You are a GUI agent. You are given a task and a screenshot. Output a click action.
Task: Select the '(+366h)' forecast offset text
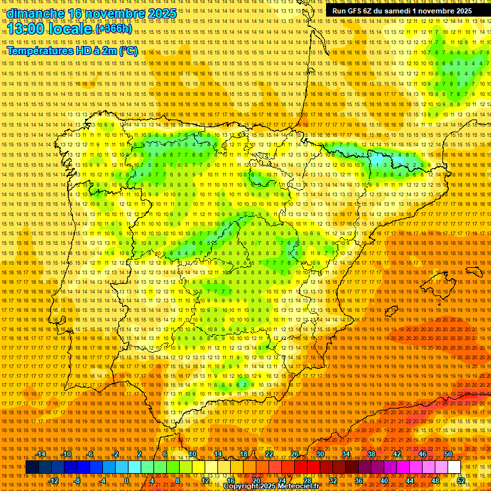114,29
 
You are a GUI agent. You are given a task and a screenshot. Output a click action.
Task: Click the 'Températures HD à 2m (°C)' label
72,51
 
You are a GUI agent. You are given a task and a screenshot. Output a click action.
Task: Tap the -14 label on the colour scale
42,454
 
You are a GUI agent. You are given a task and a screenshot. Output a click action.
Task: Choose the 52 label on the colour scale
461,481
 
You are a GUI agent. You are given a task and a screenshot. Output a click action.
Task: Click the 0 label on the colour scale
127,481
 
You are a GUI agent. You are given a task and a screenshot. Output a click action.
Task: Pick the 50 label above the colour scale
448,454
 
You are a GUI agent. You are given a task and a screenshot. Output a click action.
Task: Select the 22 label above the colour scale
269,454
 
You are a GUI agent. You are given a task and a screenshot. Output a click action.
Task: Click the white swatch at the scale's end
454,467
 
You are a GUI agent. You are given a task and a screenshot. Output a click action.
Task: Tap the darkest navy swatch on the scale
32,467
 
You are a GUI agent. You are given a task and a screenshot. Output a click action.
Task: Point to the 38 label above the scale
371,454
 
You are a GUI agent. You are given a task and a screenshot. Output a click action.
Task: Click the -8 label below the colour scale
77,481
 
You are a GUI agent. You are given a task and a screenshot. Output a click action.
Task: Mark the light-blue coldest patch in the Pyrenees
380,157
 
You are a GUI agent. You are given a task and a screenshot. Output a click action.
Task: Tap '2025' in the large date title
162,13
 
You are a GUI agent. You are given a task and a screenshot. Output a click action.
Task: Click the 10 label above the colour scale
192,454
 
